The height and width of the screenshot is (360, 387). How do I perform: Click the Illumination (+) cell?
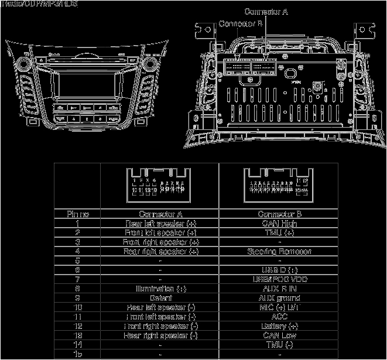[x=160, y=289]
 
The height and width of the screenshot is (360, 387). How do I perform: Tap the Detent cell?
[x=160, y=298]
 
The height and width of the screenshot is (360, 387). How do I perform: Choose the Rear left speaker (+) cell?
[x=160, y=223]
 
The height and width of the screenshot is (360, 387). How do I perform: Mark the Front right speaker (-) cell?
[x=160, y=326]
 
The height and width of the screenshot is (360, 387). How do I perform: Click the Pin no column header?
[x=77, y=214]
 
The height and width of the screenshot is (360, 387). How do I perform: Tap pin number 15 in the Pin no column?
[x=77, y=354]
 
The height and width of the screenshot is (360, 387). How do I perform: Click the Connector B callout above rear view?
[x=239, y=23]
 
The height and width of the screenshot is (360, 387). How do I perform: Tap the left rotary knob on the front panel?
[x=26, y=62]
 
